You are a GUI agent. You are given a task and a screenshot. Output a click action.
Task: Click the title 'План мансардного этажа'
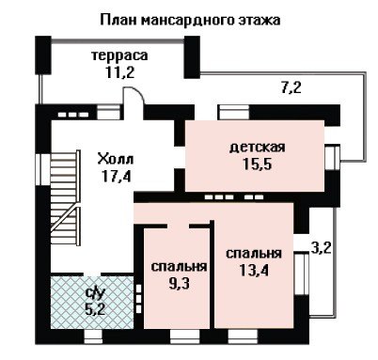point(190,20)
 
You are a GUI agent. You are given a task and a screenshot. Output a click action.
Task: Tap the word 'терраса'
point(119,55)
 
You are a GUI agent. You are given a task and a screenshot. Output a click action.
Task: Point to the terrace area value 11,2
point(119,72)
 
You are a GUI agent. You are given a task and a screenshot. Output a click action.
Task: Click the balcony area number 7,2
point(291,87)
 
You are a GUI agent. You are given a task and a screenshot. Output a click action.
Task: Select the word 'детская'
point(258,147)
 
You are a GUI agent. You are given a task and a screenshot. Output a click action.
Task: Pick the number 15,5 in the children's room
point(258,164)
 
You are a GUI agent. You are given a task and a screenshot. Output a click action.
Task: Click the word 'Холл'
point(116,159)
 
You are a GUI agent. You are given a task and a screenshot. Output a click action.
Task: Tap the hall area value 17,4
point(116,176)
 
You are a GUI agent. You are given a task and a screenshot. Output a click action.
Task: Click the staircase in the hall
point(65,198)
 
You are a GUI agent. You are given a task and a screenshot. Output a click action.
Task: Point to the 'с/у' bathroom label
point(94,293)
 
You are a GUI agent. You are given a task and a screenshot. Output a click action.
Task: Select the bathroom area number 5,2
point(95,309)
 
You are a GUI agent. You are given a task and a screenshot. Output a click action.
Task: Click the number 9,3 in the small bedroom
point(179,284)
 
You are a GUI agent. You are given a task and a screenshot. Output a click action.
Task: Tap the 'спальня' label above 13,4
point(254,253)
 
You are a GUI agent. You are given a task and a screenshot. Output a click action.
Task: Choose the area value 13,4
point(254,270)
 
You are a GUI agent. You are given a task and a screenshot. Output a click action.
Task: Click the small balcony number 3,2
point(322,247)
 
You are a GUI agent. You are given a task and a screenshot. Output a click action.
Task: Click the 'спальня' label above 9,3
point(179,267)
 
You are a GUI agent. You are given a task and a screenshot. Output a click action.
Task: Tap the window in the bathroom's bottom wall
point(93,337)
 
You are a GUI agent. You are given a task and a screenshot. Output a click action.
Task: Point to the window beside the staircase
point(43,169)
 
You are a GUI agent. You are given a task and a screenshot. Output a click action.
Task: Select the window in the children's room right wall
point(332,157)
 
